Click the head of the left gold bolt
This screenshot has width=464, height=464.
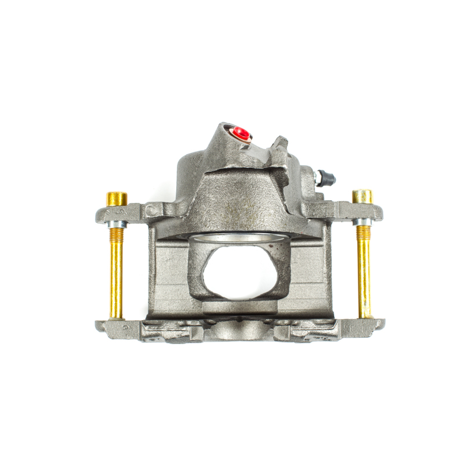117,198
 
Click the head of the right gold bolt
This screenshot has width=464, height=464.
362,196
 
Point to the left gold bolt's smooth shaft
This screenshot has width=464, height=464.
116,278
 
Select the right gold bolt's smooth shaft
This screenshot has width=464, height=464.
364,278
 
